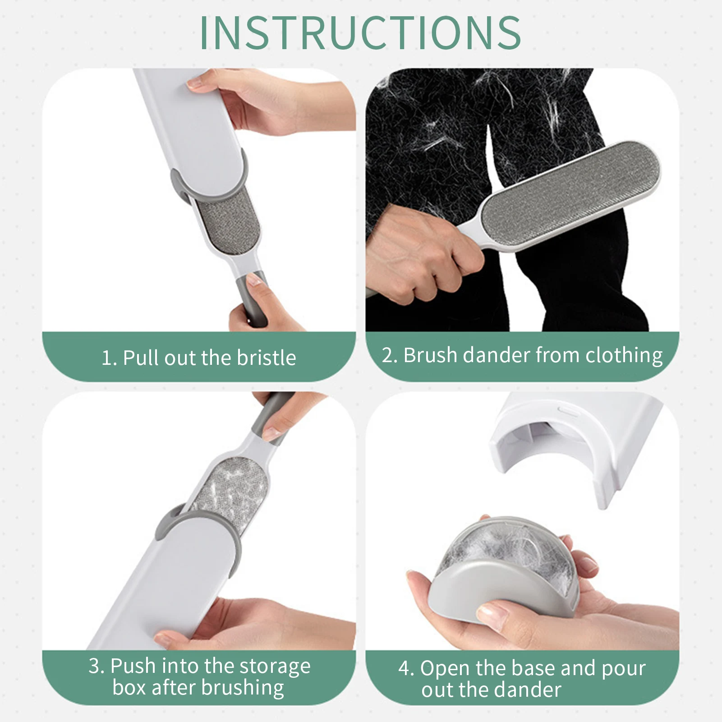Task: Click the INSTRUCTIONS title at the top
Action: [360, 32]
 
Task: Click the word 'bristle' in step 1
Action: [267, 358]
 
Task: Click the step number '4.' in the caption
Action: [406, 668]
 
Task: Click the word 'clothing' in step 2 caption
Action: [624, 355]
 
